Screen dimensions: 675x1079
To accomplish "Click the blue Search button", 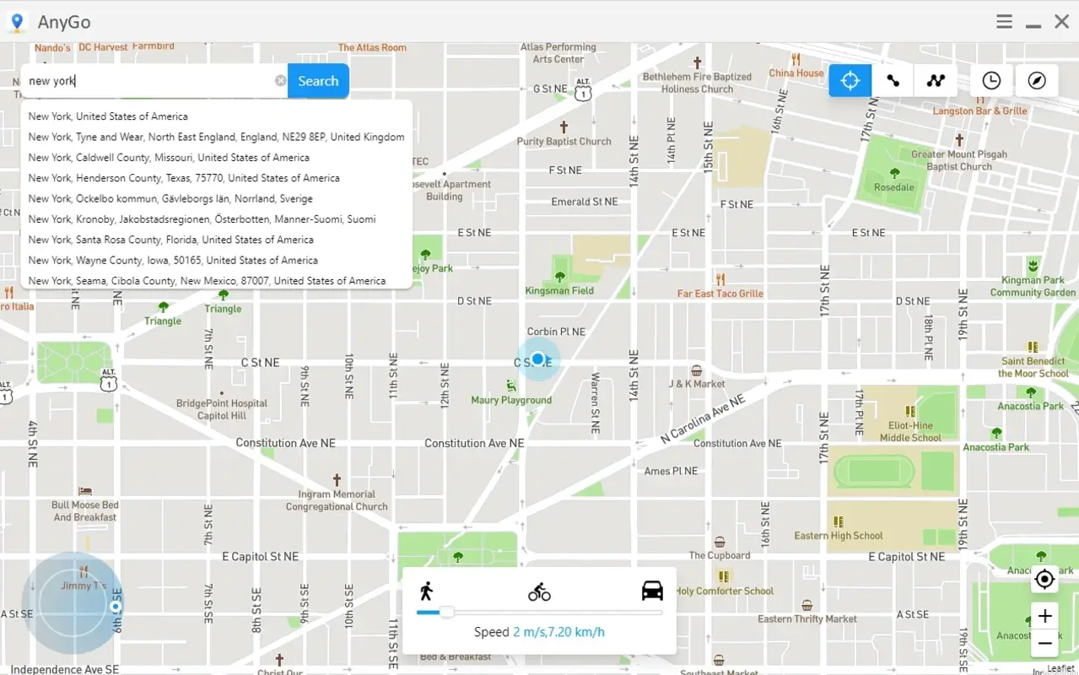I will pos(318,81).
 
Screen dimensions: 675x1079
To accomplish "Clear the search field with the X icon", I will pos(280,81).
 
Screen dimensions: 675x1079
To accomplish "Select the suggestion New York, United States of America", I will pos(108,116).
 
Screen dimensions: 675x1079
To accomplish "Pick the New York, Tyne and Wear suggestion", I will pos(216,137).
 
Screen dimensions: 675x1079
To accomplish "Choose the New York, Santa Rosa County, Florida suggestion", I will pos(170,240).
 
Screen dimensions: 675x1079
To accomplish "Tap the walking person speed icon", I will pos(426,591).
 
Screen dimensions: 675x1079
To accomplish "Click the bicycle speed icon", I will pos(539,592).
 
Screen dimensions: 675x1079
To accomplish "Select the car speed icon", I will pos(652,591).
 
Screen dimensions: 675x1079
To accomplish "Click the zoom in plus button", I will pos(1044,616).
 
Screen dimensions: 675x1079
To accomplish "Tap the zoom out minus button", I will pos(1044,643).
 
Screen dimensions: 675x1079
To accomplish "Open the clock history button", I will pos(991,81).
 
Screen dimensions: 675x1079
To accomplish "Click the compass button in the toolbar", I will pos(1037,81).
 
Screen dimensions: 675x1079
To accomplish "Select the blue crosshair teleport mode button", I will pos(850,81).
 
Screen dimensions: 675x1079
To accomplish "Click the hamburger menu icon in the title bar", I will pos(1004,22).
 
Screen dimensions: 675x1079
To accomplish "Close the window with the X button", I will pos(1061,22).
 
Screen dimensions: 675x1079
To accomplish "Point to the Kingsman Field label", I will pos(559,290).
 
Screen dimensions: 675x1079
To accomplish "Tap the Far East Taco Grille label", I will pos(720,294).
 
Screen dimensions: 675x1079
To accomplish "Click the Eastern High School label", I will pos(838,535).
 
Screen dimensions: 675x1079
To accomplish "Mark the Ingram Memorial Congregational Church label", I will pos(337,500).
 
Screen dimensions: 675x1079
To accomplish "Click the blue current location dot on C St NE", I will pos(538,359).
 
